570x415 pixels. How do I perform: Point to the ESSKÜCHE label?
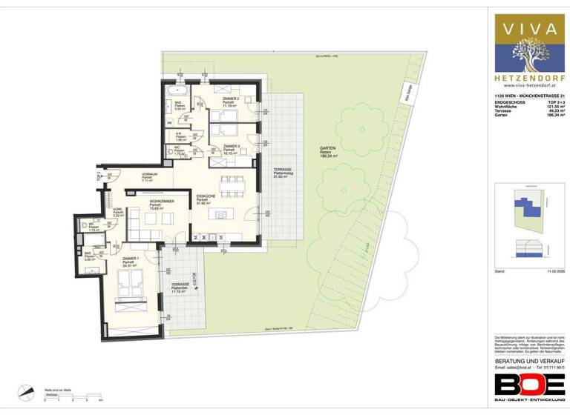206,196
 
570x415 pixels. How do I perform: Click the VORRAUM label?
150,174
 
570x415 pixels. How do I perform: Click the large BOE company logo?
529,385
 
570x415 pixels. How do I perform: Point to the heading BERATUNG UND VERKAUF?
529,359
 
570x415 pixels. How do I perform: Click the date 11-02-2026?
555,272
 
